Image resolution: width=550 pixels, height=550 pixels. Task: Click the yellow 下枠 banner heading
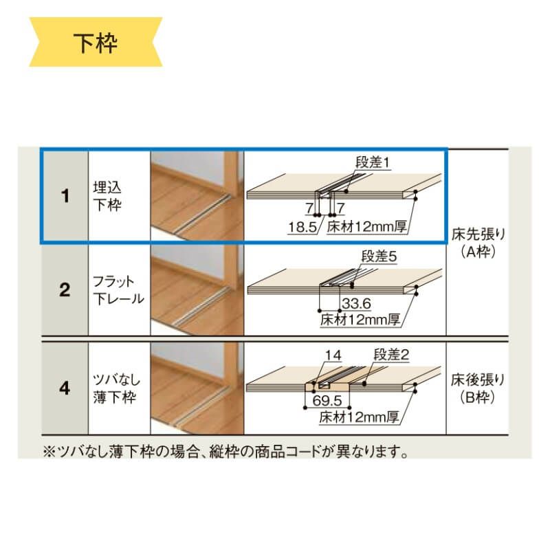coord(95,43)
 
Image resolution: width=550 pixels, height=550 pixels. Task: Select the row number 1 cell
coord(65,197)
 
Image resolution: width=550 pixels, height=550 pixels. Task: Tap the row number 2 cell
coord(65,289)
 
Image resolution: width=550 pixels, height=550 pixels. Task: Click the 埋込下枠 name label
coord(108,196)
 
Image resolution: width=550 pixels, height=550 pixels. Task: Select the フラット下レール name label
coord(118,289)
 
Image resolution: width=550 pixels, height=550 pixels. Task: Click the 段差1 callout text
coord(373,163)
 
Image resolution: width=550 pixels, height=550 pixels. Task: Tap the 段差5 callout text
coord(380,258)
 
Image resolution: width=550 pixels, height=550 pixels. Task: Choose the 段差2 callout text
coord(391,355)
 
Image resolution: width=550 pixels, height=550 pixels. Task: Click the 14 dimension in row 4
coord(333,355)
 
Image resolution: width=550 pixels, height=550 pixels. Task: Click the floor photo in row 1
coord(197,195)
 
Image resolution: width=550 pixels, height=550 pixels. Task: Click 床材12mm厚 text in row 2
coord(360,319)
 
